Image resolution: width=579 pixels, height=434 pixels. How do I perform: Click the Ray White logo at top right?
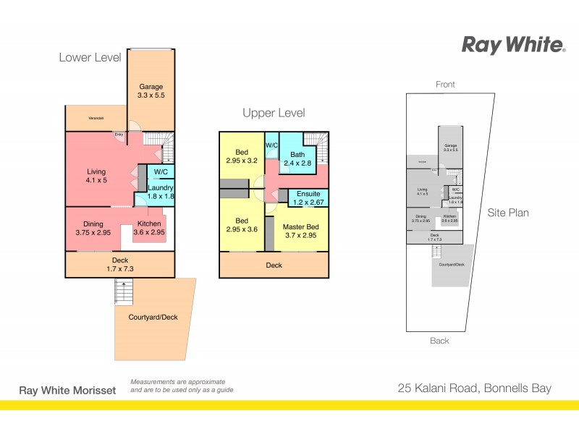pos(513,46)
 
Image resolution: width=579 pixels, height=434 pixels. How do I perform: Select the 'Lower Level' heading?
pos(90,57)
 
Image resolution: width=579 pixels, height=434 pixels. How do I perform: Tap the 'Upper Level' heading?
pos(274,113)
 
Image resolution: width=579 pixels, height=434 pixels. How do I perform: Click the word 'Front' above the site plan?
pos(445,85)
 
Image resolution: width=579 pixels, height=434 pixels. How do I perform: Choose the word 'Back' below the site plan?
pos(439,341)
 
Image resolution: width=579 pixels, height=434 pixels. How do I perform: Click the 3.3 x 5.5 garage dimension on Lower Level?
pos(151,95)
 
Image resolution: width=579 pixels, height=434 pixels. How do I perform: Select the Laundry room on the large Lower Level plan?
pos(161,192)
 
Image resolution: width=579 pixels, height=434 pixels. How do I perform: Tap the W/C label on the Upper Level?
pos(272,145)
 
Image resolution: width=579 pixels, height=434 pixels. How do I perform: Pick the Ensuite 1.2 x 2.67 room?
pos(308,197)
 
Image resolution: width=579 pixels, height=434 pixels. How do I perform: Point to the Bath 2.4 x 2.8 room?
pos(297,159)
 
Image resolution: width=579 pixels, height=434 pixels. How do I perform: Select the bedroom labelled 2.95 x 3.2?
pos(242,157)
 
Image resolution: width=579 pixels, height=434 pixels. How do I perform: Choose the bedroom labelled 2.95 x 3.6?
pos(242,225)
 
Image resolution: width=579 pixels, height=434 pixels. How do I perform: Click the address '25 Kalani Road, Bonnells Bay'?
pos(474,388)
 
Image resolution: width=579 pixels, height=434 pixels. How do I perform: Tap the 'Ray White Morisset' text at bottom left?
pos(67,390)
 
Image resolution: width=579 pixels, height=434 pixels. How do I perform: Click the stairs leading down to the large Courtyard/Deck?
pos(124,292)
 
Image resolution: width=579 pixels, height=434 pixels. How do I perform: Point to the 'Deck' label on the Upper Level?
pos(274,265)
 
